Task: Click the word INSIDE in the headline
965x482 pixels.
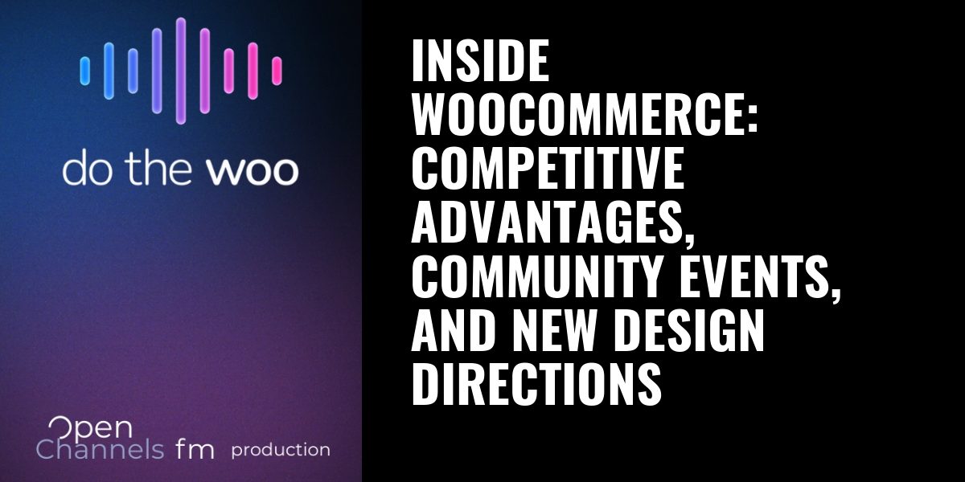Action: coord(480,60)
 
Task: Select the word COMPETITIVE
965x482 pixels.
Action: coord(548,168)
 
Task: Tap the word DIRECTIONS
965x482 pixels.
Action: coord(536,384)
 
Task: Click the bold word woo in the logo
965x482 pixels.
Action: coord(253,171)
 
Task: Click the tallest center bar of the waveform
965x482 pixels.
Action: coord(181,71)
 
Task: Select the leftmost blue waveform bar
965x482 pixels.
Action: coord(85,71)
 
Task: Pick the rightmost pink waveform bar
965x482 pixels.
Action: coord(277,71)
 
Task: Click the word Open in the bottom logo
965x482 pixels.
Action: coord(90,429)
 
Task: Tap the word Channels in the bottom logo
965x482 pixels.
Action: coord(100,450)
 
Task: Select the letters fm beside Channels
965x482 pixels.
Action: coord(195,450)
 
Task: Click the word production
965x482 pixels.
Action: coord(281,451)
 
